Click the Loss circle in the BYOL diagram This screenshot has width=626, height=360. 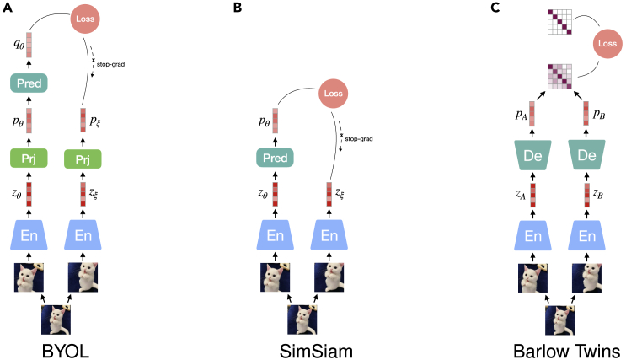(83, 19)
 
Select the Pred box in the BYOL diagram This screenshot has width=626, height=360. (29, 83)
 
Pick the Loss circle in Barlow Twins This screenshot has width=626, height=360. (606, 43)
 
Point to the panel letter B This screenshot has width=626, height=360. (237, 8)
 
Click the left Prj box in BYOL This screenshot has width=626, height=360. (29, 158)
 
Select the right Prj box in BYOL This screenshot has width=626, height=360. (83, 158)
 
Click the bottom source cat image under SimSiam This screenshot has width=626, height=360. (307, 318)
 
